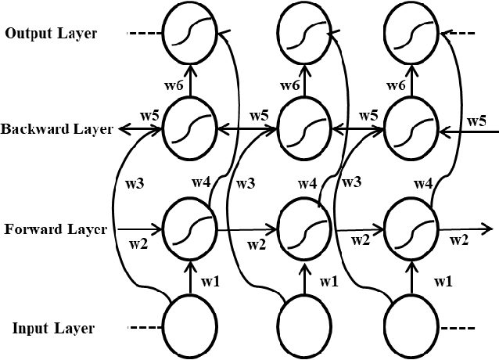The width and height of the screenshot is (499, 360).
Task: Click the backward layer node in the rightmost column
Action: (x=411, y=129)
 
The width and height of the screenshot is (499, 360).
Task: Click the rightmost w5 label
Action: (x=476, y=121)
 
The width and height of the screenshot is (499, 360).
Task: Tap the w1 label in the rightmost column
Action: (x=443, y=280)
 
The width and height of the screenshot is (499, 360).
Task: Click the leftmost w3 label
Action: (x=134, y=185)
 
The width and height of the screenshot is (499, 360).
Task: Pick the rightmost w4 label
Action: (x=423, y=185)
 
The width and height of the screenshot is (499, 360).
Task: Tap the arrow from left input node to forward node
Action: (x=188, y=276)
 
